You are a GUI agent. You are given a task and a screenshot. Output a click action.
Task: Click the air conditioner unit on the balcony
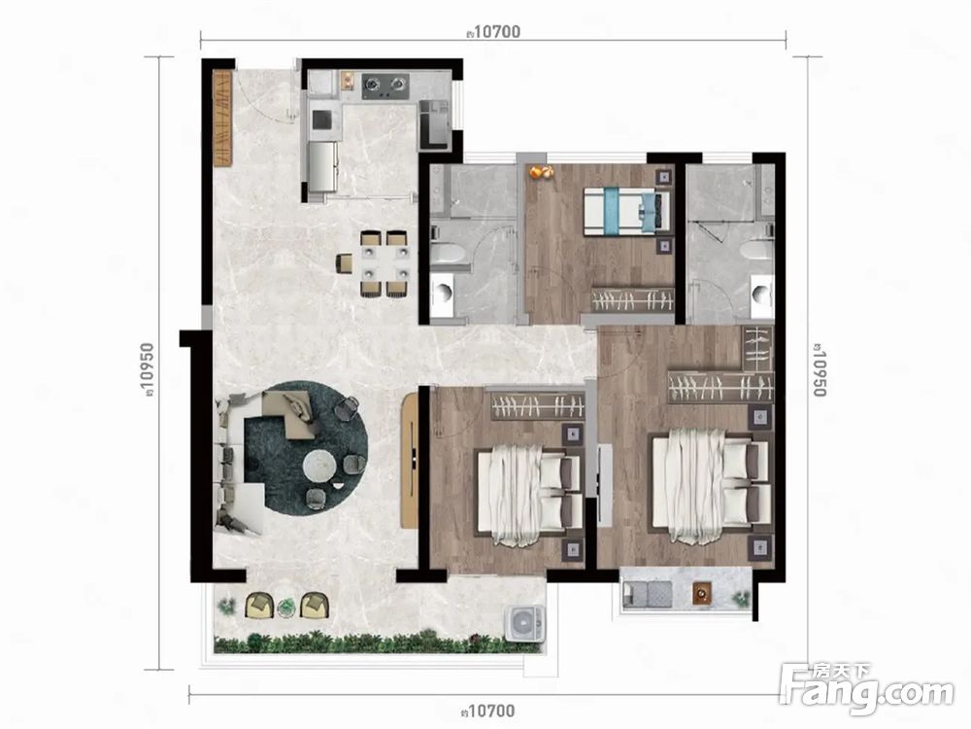[x=525, y=622]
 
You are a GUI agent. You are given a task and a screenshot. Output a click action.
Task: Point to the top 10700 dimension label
[x=493, y=32]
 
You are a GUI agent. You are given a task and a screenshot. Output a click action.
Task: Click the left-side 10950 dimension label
[x=148, y=368]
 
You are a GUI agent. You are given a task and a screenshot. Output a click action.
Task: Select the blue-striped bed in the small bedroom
[x=626, y=211]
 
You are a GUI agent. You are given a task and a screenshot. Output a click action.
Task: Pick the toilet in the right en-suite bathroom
[x=757, y=250]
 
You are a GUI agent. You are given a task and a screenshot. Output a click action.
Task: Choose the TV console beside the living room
[x=410, y=461]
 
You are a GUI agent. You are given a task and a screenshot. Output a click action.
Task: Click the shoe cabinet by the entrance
[x=222, y=118]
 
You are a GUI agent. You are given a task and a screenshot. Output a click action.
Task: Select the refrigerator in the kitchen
[x=322, y=167]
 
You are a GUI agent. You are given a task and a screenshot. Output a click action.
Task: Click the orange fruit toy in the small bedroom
[x=538, y=172]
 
